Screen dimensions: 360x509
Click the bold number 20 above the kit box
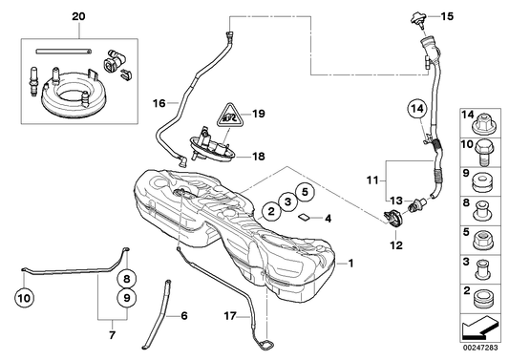coord(77,17)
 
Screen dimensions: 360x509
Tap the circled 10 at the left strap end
coord(24,298)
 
